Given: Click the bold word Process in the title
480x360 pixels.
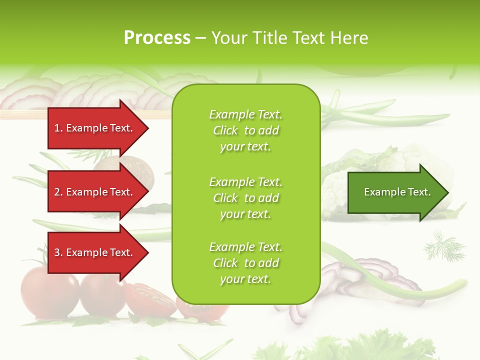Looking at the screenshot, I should click(x=157, y=38).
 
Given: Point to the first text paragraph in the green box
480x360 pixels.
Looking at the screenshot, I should click(x=245, y=130).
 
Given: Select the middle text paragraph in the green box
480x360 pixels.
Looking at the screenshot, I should click(x=245, y=198).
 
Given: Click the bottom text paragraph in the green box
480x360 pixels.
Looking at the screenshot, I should click(x=245, y=263).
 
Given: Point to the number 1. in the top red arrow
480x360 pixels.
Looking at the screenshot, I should click(x=58, y=128).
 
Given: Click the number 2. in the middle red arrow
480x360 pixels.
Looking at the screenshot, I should click(x=58, y=192).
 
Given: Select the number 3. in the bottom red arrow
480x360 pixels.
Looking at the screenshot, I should click(x=58, y=252).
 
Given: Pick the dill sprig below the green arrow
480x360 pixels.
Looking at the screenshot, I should click(x=443, y=246).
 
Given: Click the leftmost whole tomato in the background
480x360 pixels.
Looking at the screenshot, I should click(x=47, y=292).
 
